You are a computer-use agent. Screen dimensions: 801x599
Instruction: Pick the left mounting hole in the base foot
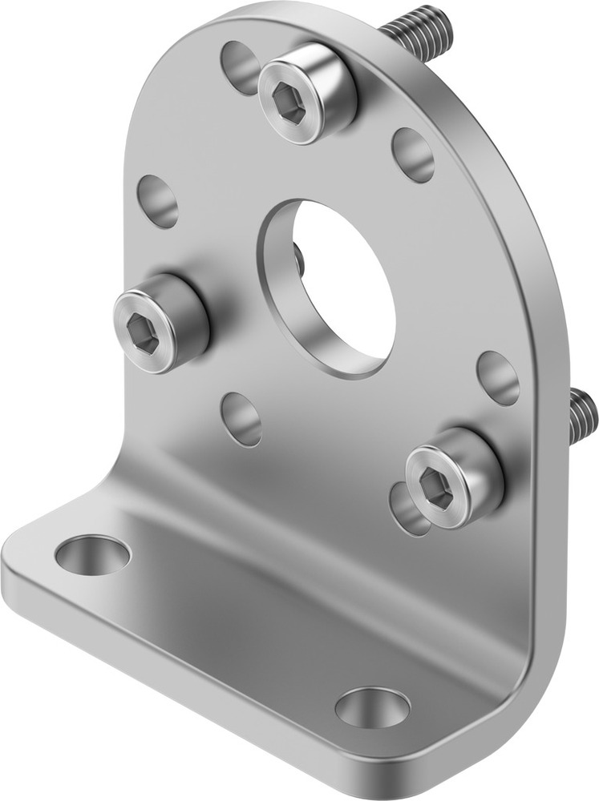point(93,555)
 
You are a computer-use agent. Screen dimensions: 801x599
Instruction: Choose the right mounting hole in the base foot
point(372,707)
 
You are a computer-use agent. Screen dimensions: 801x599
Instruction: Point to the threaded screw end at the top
point(418,28)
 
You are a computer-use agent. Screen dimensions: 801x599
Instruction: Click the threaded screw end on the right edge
point(583,417)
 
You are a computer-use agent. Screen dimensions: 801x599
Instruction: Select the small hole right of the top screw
point(414,154)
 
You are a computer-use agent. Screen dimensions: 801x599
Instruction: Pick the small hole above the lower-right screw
point(498,376)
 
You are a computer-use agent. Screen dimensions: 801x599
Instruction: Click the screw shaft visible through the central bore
point(298,258)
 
